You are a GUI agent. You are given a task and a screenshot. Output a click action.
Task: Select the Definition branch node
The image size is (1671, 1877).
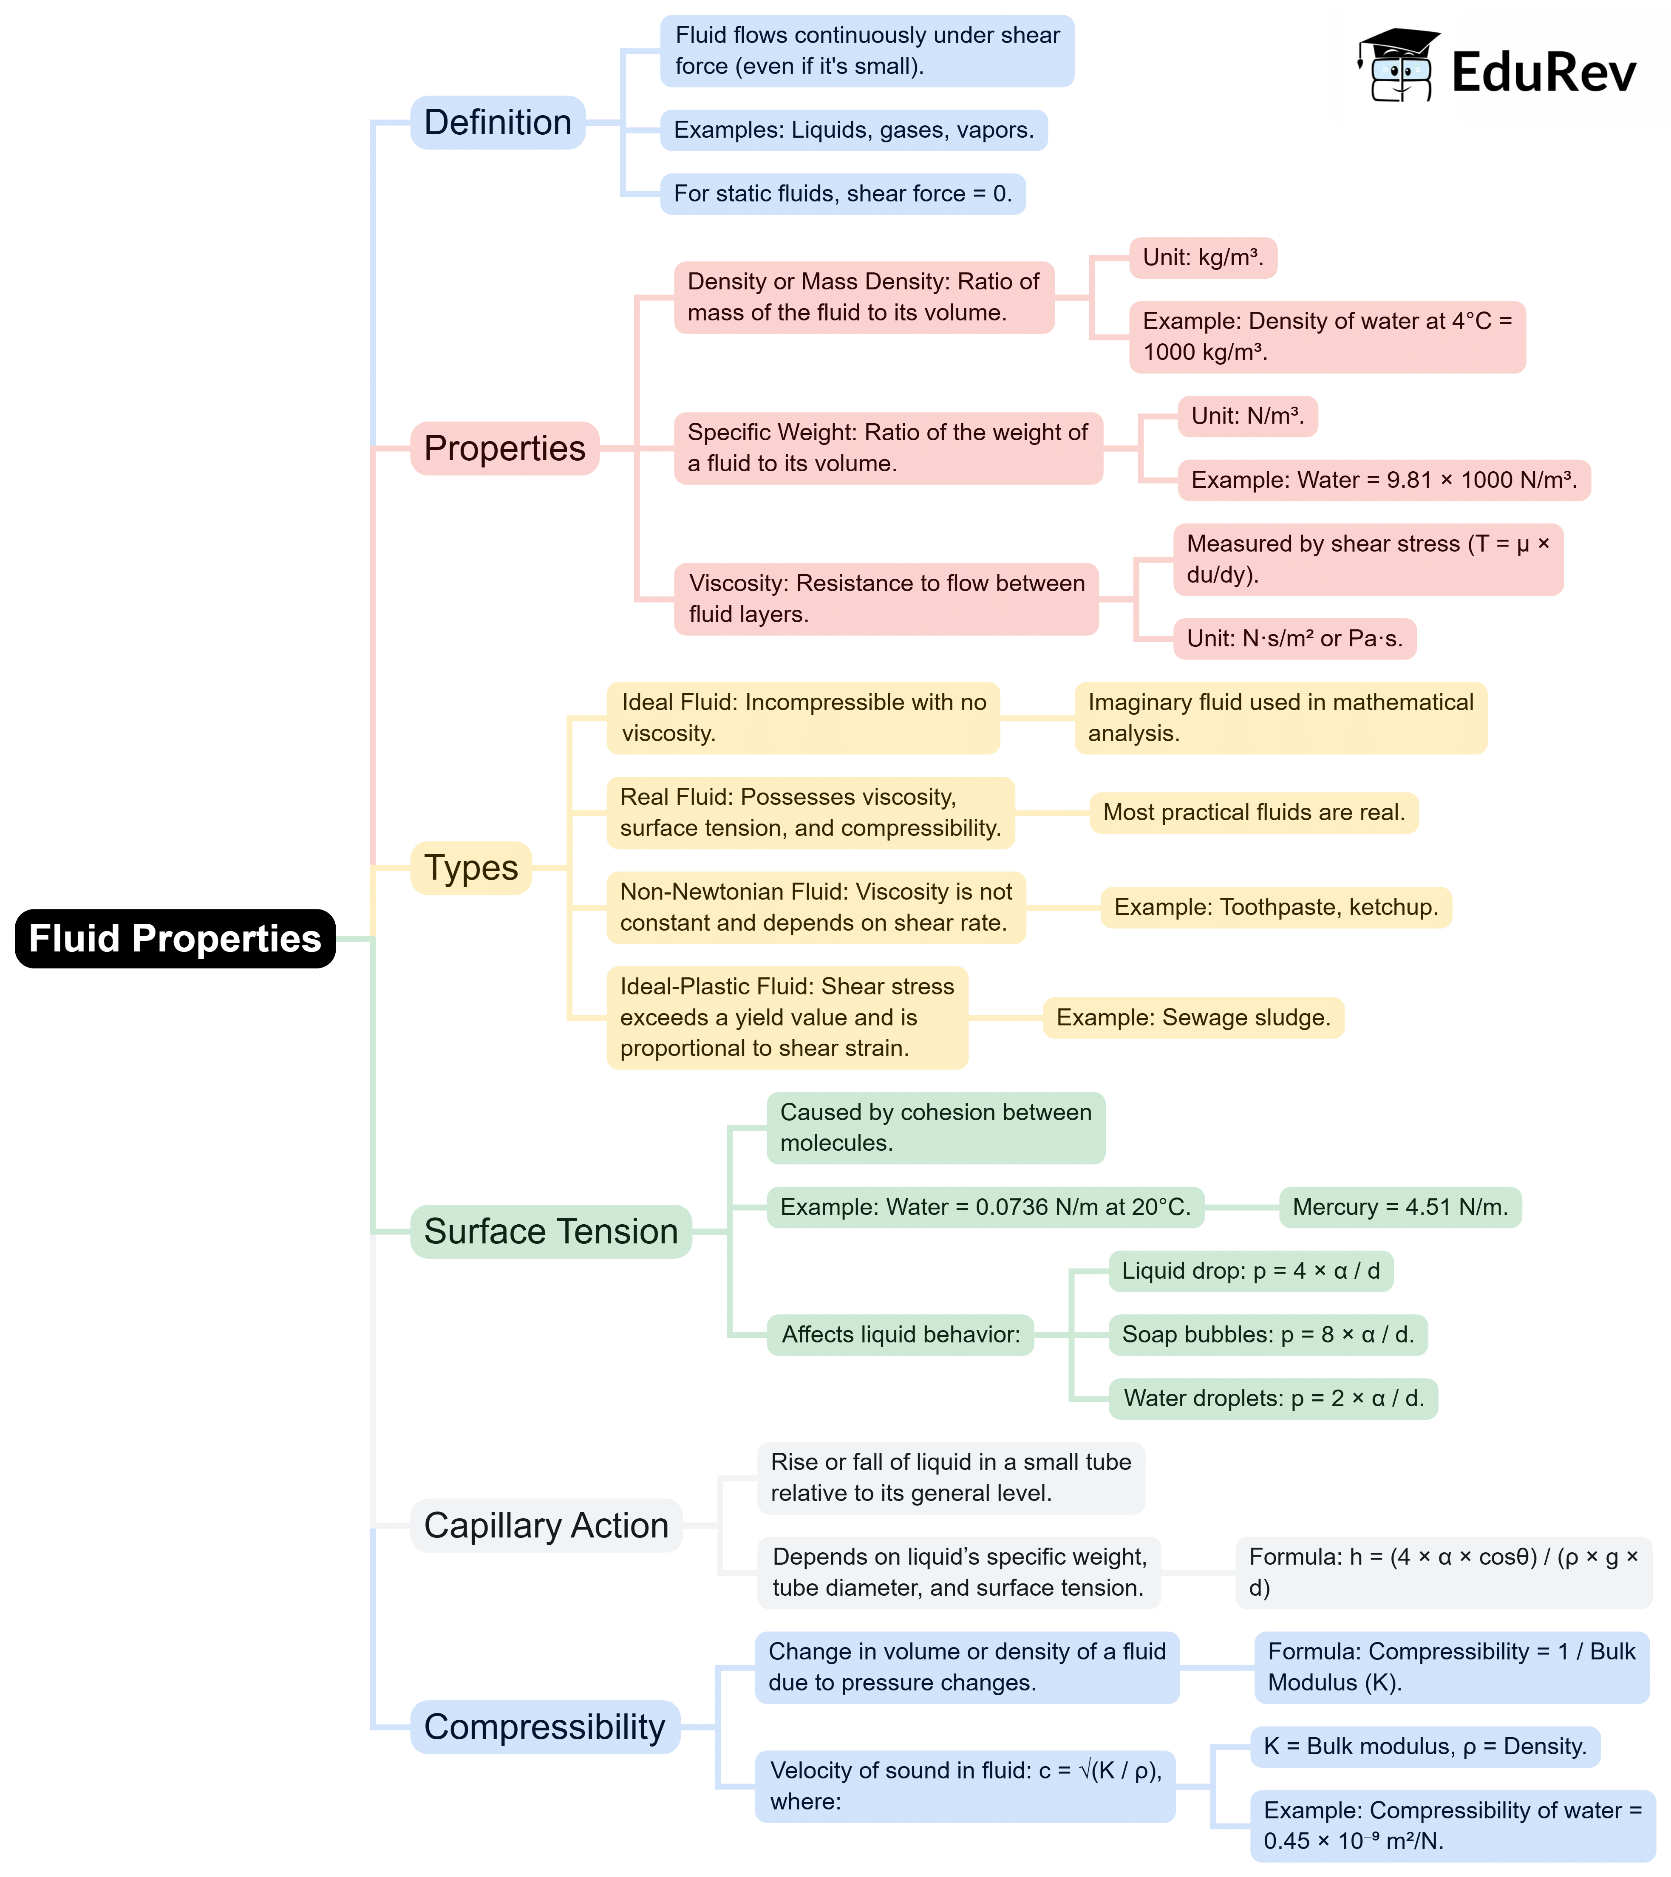coord(498,122)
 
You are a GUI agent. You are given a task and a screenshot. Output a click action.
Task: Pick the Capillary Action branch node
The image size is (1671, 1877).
coord(546,1525)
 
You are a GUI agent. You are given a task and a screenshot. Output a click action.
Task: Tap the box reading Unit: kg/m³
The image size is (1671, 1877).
coord(1203,258)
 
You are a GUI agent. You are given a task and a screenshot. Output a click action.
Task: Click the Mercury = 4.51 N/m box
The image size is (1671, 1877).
coord(1400,1207)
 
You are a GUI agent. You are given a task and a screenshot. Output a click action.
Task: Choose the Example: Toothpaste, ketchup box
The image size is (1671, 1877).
coord(1276,907)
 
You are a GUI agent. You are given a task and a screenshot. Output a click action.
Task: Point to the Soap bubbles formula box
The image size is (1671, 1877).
coord(1268,1334)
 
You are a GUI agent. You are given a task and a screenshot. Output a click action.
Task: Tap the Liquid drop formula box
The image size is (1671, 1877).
coord(1251,1271)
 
